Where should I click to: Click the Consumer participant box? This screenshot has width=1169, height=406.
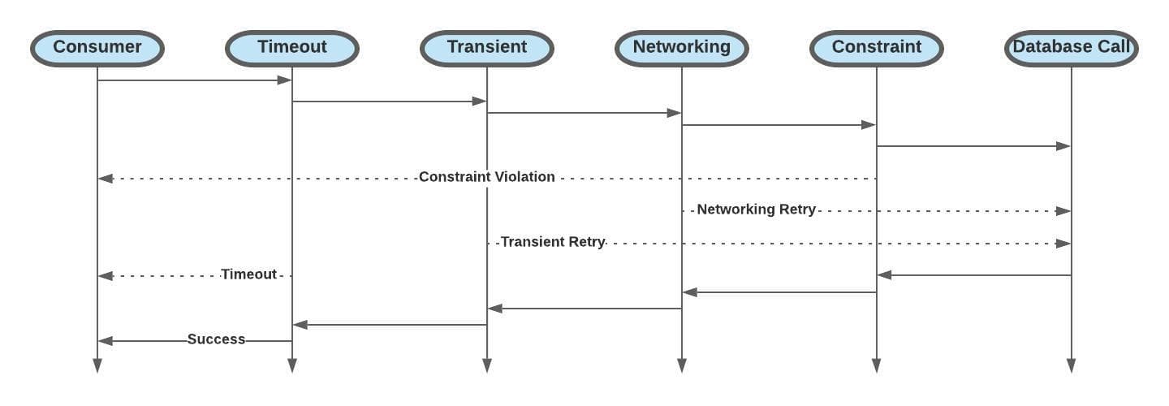point(97,48)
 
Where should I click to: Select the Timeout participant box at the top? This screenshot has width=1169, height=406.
point(292,48)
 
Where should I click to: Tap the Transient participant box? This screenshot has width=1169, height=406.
point(487,48)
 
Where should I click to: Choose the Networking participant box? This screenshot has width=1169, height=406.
point(682,48)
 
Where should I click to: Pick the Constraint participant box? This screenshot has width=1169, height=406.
point(877,48)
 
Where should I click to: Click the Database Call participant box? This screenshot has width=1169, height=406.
point(1071,48)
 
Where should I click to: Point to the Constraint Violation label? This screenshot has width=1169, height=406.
point(487,177)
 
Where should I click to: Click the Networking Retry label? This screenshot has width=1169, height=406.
point(756,209)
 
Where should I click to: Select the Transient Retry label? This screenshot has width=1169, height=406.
point(553,242)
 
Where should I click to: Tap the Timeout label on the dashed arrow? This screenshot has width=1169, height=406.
point(249,274)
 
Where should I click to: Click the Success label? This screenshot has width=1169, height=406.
point(216,339)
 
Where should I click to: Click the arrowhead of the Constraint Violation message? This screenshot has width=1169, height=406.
point(105,178)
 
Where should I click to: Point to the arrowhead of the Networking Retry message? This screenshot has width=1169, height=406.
point(1063,210)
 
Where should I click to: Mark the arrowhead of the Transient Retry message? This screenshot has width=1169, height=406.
point(1063,243)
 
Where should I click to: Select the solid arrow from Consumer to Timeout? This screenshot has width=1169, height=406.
point(195,80)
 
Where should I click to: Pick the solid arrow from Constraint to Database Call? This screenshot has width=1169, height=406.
point(974,146)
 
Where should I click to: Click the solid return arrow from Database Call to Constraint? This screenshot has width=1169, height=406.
point(974,275)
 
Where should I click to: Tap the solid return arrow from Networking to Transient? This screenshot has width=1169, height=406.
point(584,309)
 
